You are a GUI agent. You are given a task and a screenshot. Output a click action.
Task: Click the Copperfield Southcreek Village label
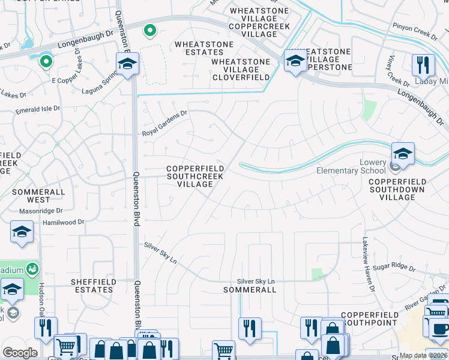click(195, 176)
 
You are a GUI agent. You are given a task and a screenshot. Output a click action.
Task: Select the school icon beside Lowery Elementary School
click(403, 154)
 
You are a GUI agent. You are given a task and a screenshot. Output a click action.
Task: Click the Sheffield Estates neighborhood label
click(92, 285)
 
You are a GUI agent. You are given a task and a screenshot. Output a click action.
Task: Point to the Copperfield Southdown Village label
click(397, 189)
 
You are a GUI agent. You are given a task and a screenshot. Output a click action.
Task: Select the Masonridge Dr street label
click(41, 211)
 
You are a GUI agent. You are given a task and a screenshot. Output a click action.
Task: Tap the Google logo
click(20, 353)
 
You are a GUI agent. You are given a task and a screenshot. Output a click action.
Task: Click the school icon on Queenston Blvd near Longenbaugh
click(127, 64)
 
